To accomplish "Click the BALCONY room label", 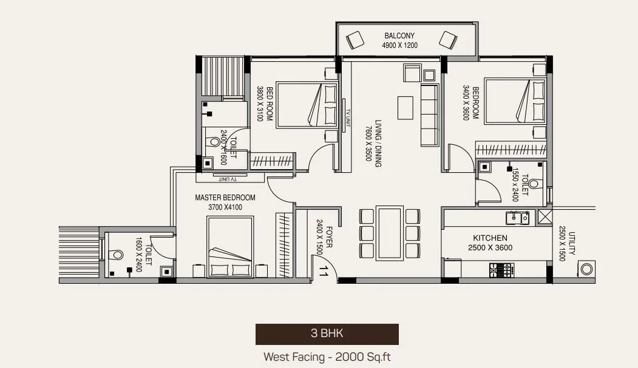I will pyautogui.click(x=398, y=36).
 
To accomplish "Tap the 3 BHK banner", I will pyautogui.click(x=327, y=333).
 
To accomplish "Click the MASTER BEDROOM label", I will pyautogui.click(x=225, y=198).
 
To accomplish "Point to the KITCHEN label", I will pyautogui.click(x=490, y=238).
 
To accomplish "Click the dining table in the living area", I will pyautogui.click(x=389, y=233).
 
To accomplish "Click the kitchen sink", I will pyautogui.click(x=517, y=216).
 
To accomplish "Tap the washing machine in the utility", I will pyautogui.click(x=586, y=269).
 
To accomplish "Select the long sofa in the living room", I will pyautogui.click(x=429, y=115).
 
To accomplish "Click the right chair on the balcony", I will pyautogui.click(x=449, y=41).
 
